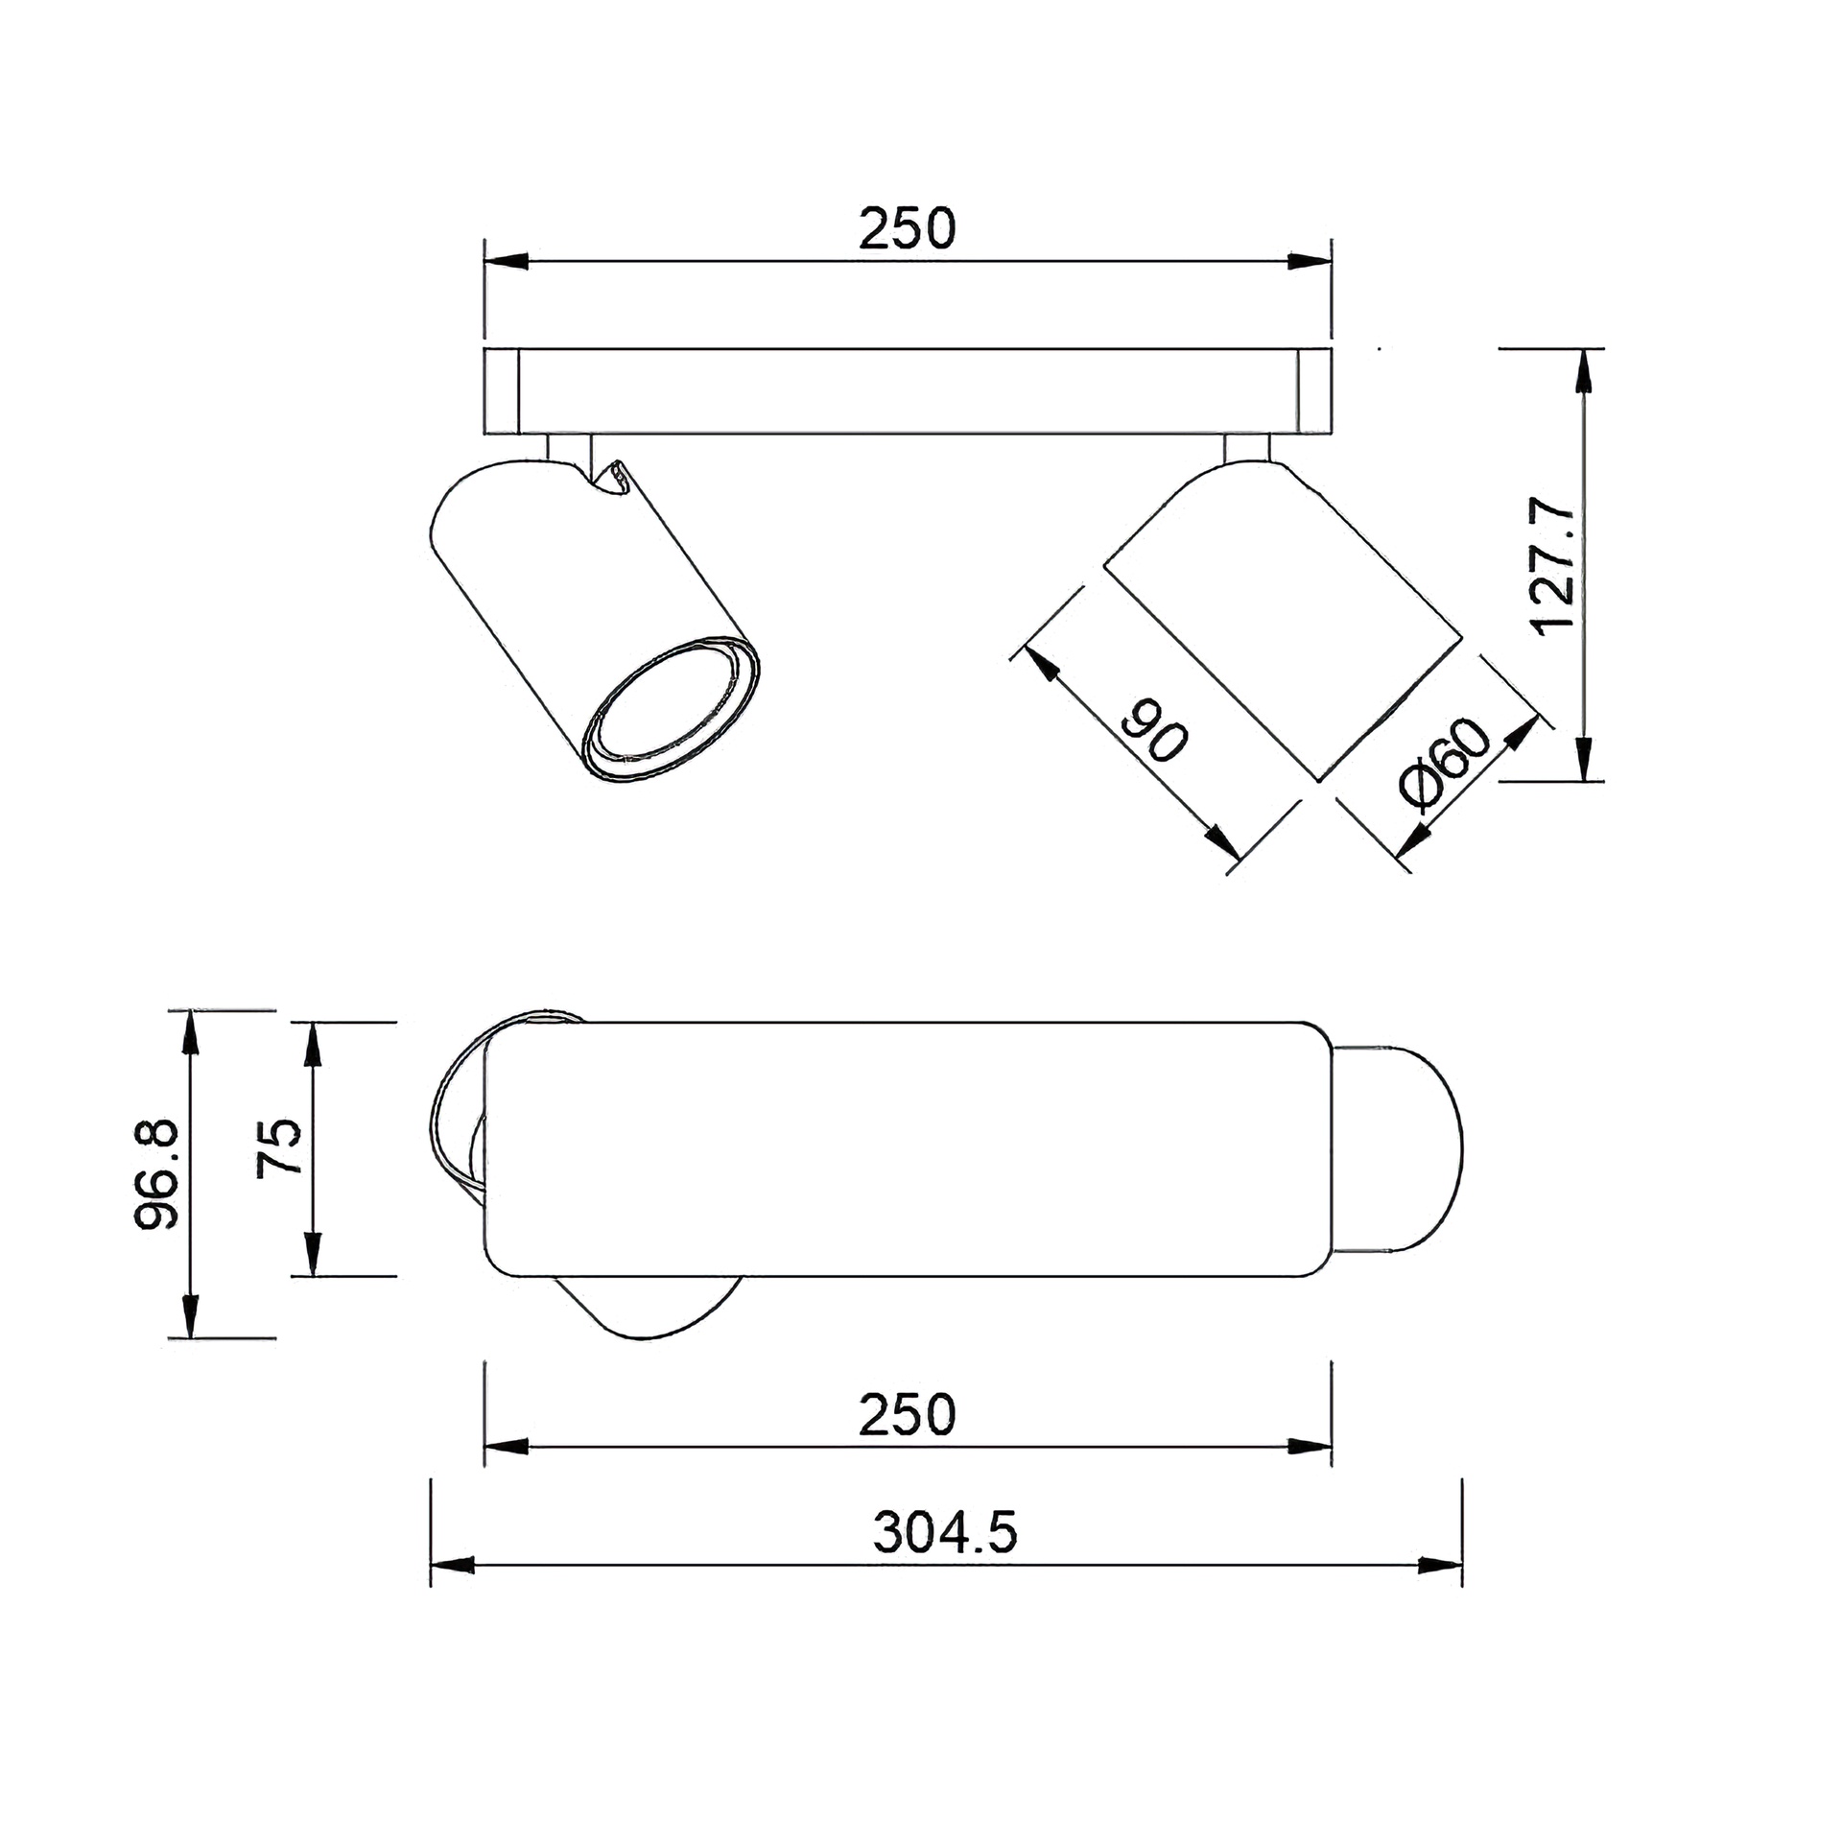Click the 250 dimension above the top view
click(907, 228)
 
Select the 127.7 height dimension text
click(1554, 565)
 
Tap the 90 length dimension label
click(1156, 731)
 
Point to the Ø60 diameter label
click(1446, 764)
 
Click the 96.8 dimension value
click(155, 1173)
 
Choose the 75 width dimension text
click(279, 1146)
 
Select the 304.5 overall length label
click(945, 1532)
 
